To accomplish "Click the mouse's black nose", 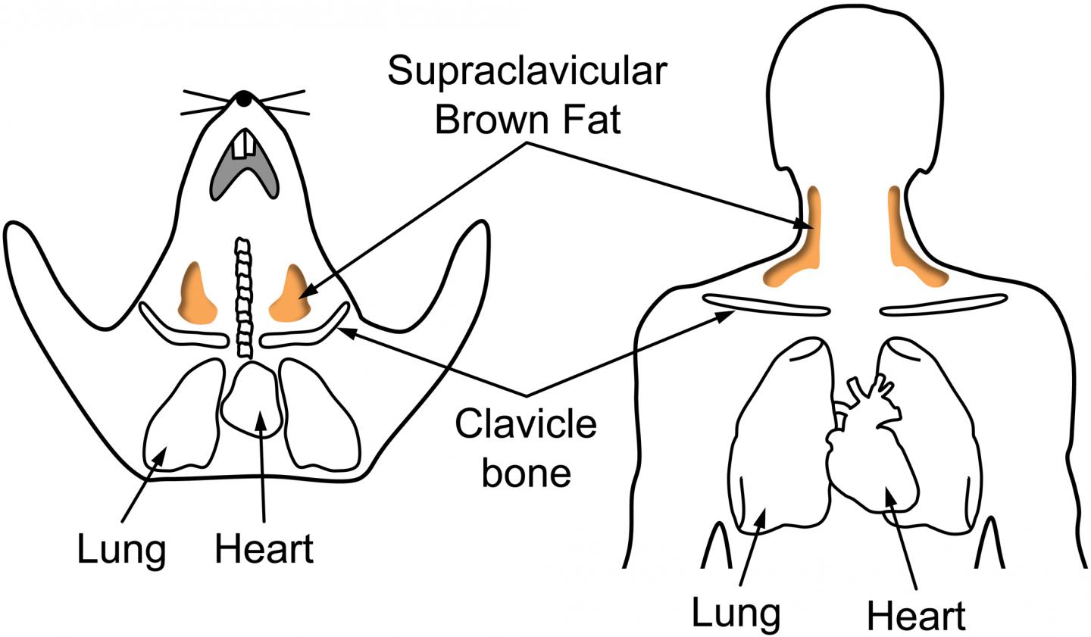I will click(x=242, y=98).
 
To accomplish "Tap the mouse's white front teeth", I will click(x=244, y=145).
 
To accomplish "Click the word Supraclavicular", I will click(x=527, y=72).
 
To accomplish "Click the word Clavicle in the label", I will click(x=525, y=426).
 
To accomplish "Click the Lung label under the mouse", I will click(x=121, y=549).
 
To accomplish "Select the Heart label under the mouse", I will click(x=264, y=549).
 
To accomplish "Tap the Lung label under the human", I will click(x=736, y=611).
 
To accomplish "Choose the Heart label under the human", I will click(x=916, y=616).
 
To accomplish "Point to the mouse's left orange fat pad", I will click(x=196, y=294).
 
